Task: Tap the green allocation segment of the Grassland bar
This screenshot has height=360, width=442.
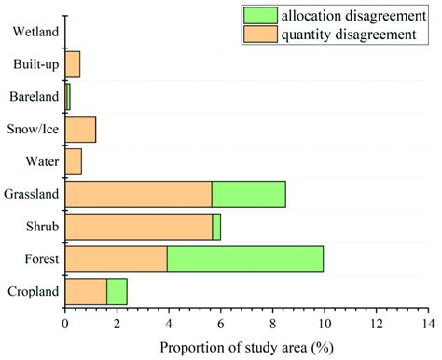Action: (x=248, y=193)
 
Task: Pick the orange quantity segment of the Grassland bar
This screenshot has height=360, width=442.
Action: (x=138, y=193)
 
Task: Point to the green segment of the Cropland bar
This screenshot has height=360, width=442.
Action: (x=117, y=291)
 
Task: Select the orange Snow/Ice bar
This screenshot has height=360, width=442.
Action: (x=80, y=129)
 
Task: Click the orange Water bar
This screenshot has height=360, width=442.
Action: (x=73, y=161)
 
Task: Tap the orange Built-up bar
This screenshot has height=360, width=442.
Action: (x=72, y=64)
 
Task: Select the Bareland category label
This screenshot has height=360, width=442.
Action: (x=35, y=97)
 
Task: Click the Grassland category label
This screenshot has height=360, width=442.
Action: (x=32, y=194)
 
